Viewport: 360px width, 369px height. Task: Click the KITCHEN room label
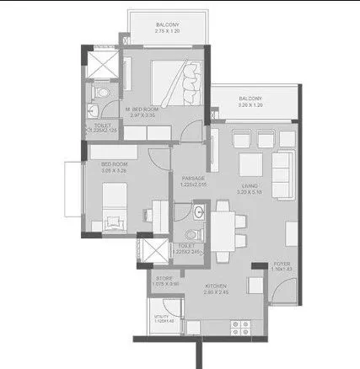point(217,286)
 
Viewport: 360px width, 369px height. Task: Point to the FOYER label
point(282,264)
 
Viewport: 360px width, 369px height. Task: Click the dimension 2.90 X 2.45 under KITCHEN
point(217,292)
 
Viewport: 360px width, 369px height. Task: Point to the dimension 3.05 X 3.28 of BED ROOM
point(113,170)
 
